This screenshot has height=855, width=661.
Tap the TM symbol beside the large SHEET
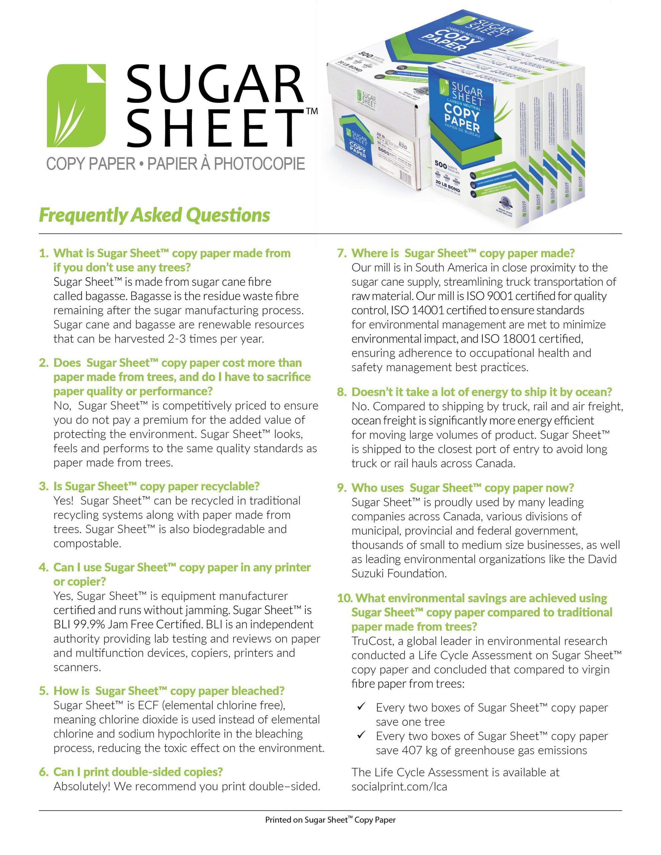click(311, 111)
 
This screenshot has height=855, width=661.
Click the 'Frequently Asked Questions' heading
click(154, 215)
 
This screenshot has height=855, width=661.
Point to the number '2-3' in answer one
click(174, 339)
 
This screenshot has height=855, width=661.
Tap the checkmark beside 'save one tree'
click(361, 707)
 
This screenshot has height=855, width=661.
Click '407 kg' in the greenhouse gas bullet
click(425, 750)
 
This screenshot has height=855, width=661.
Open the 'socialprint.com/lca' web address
click(399, 787)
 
